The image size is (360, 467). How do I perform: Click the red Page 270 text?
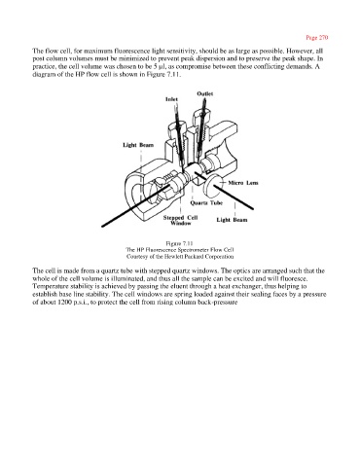click(317, 38)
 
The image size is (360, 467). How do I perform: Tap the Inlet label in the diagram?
click(171, 99)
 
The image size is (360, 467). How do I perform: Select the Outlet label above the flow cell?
click(205, 93)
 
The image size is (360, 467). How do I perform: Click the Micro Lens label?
click(243, 183)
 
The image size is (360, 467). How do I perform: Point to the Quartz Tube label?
click(206, 203)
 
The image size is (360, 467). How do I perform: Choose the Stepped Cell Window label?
click(180, 220)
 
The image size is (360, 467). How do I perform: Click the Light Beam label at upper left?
click(138, 145)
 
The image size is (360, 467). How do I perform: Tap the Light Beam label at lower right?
click(232, 220)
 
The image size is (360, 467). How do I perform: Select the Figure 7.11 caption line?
click(180, 243)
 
